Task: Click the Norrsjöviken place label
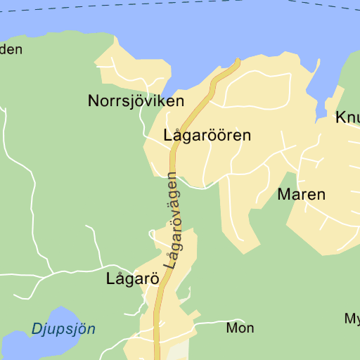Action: [x=136, y=101]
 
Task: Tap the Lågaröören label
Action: [x=207, y=135]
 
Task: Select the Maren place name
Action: [x=302, y=195]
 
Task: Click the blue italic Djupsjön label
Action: [x=63, y=328]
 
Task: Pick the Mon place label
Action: [x=240, y=328]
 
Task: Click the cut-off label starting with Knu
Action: [x=347, y=117]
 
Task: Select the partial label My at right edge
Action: [x=352, y=319]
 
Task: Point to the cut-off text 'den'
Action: [x=11, y=49]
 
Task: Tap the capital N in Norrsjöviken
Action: [x=94, y=101]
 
